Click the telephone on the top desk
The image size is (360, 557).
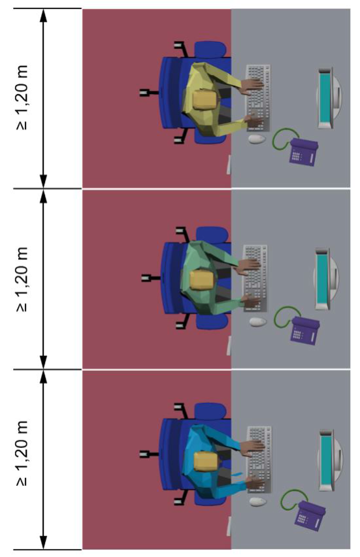303,151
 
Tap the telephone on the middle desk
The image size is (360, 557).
304,330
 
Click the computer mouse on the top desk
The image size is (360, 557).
257,139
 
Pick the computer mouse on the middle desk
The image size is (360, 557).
258,322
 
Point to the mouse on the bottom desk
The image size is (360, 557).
258,501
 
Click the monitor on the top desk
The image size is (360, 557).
330,98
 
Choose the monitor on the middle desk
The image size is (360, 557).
327,279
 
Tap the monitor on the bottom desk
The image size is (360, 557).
331,460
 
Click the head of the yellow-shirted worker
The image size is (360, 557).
205,99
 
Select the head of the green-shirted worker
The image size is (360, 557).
203,279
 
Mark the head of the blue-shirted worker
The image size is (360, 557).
206,462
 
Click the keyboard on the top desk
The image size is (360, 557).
258,98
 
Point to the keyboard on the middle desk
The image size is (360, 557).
255,279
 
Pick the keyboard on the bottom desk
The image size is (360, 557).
259,460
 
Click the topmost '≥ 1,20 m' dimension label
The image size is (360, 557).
22,98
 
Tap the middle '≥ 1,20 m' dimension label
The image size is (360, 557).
22,279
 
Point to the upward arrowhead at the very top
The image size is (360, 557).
43,15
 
